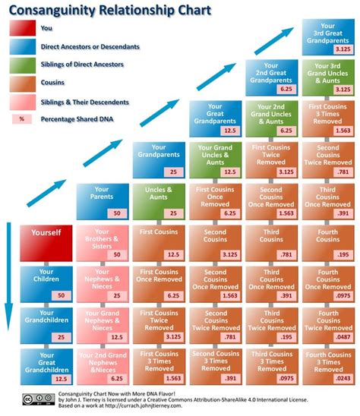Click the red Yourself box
46,241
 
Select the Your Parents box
102,200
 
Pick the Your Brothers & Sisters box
102,241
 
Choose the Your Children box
46,282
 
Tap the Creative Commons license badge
38,399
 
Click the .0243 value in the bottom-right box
343,378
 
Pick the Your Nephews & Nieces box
102,282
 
